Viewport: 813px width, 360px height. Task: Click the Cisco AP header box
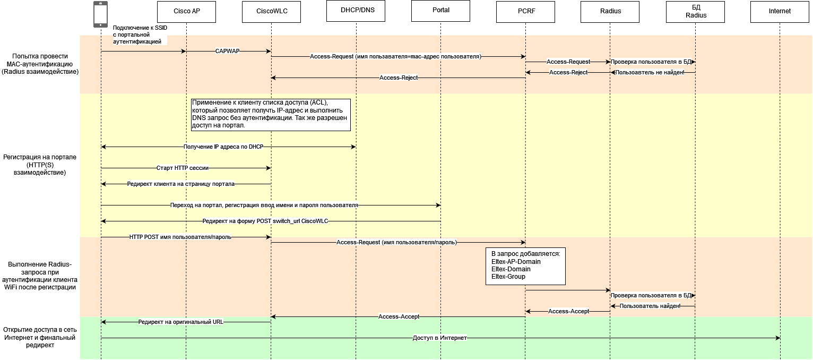186,11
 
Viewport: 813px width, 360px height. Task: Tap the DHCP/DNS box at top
356,11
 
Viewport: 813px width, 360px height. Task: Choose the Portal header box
440,11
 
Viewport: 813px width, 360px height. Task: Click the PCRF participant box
525,11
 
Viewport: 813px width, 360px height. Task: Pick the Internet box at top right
780,11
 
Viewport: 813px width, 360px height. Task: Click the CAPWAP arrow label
227,52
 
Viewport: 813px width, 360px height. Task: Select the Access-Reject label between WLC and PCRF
399,78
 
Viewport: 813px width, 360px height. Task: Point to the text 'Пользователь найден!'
650,306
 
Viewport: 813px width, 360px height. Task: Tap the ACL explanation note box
271,115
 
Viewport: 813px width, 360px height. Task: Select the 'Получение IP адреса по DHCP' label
223,147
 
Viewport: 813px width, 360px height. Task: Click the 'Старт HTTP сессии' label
183,168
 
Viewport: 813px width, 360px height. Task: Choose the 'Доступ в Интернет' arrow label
439,338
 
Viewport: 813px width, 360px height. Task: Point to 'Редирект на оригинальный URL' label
181,322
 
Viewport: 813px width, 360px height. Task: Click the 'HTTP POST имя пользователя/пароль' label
180,237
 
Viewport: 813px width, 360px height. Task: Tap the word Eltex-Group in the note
508,277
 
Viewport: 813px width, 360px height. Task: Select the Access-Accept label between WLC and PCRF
399,317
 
